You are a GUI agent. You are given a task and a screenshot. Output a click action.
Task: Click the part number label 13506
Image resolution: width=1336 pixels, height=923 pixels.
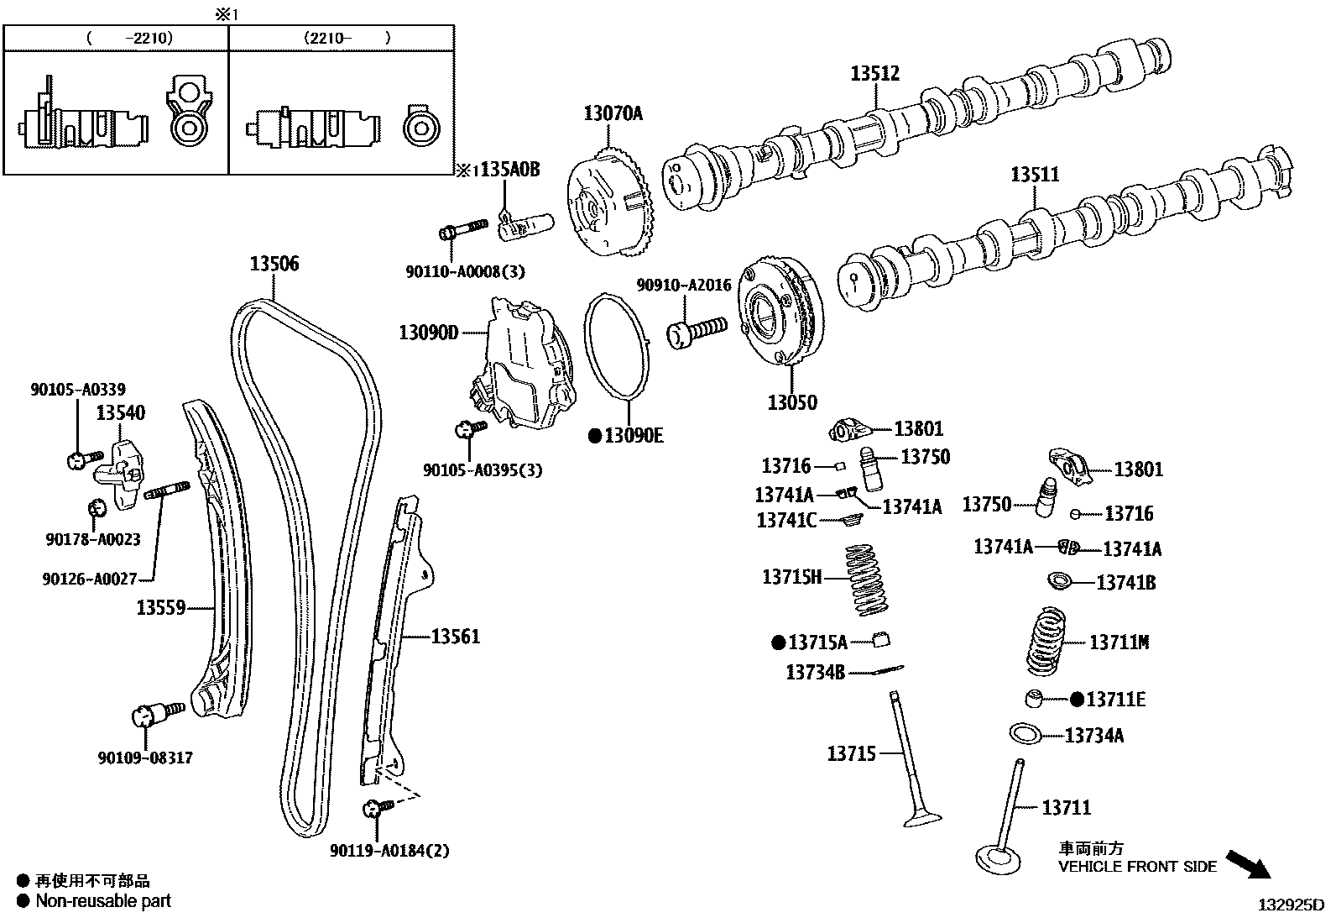(274, 264)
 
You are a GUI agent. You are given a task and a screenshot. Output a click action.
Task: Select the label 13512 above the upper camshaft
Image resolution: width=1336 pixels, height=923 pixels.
(874, 73)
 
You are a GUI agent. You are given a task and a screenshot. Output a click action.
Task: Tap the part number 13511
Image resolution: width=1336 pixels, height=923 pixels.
(1034, 175)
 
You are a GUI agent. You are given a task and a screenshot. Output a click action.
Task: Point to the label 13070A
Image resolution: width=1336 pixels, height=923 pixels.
(613, 113)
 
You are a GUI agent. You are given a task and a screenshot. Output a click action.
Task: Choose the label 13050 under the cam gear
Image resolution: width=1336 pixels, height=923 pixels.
(791, 402)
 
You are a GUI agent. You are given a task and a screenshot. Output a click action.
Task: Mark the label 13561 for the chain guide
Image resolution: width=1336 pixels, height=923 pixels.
(456, 637)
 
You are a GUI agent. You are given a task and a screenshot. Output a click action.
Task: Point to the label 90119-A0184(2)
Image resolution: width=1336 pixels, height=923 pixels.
(389, 851)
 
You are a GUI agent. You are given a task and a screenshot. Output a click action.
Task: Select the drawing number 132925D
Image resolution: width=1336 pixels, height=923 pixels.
(1289, 905)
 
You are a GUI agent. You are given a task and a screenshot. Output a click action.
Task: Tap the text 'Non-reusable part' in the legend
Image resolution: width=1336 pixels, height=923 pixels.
(102, 901)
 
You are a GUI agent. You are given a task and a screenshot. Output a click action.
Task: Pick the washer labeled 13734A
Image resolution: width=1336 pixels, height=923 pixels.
(1025, 734)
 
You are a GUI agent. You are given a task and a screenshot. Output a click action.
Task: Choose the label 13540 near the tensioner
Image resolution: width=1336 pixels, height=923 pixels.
(119, 412)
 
